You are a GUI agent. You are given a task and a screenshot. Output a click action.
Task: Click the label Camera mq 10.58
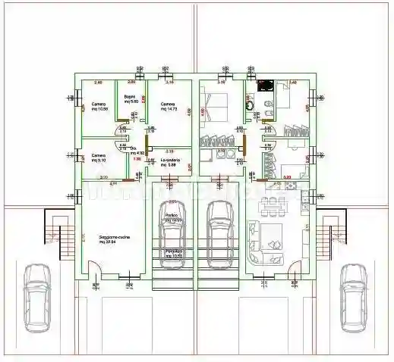[x=100, y=107]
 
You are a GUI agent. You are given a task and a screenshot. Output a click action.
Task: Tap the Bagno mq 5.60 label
[x=131, y=98]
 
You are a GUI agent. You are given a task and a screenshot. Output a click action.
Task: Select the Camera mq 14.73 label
[x=169, y=107]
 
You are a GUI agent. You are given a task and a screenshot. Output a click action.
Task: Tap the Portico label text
[x=172, y=217]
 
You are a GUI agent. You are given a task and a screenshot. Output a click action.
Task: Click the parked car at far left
[x=36, y=298]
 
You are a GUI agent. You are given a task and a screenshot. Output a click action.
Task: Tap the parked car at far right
[x=353, y=298]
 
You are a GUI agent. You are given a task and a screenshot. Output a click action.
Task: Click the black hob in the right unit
[x=265, y=86]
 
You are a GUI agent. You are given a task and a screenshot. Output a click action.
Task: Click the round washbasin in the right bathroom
[x=251, y=107]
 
